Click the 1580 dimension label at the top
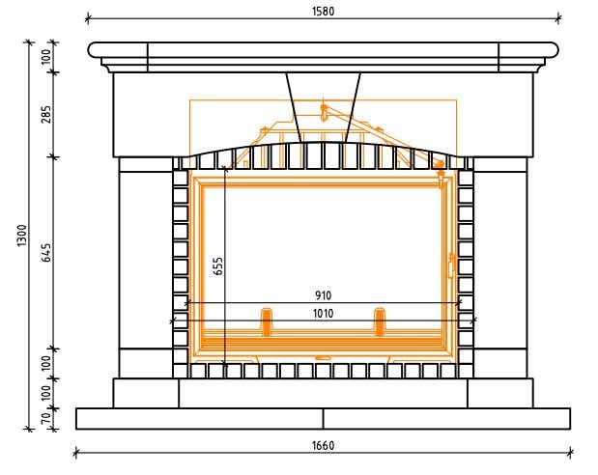coord(323,12)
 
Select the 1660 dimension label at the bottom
coord(323,445)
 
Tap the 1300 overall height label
coord(22,236)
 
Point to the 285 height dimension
coord(45,114)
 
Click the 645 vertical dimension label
coord(45,252)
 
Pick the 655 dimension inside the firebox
coord(218,266)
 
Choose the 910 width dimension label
coord(324,295)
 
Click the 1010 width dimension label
coord(323,314)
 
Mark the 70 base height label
coord(45,419)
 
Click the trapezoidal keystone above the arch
coord(323,107)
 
